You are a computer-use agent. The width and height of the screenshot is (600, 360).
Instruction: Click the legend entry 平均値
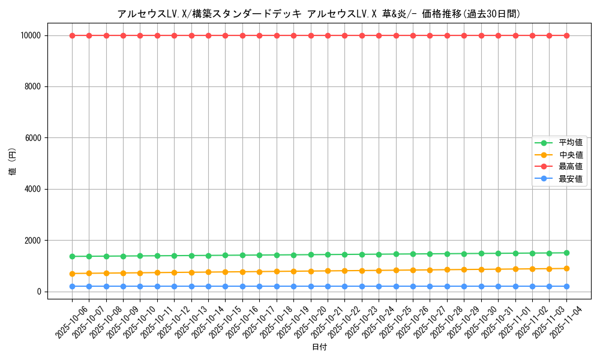(x=570, y=143)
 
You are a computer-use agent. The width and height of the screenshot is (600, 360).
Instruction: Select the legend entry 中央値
(x=570, y=155)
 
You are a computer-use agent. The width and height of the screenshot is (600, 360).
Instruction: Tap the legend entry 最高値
(x=570, y=167)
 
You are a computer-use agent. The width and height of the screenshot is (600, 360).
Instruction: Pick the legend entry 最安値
(x=570, y=179)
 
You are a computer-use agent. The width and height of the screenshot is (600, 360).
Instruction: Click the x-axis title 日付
(x=319, y=347)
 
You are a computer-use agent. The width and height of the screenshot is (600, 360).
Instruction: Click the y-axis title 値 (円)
(x=13, y=163)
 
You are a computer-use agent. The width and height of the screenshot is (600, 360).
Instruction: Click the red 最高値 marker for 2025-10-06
(x=72, y=35)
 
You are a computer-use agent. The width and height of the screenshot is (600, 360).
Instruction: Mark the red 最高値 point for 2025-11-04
(x=566, y=35)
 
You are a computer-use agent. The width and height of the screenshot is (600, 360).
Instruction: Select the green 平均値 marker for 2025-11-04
(x=566, y=253)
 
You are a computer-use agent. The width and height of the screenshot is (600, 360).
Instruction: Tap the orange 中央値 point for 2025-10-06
(x=72, y=274)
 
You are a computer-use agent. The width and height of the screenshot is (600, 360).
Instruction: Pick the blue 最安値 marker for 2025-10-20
(x=311, y=286)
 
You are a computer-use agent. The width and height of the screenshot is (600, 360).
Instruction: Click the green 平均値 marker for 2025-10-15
(x=226, y=255)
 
